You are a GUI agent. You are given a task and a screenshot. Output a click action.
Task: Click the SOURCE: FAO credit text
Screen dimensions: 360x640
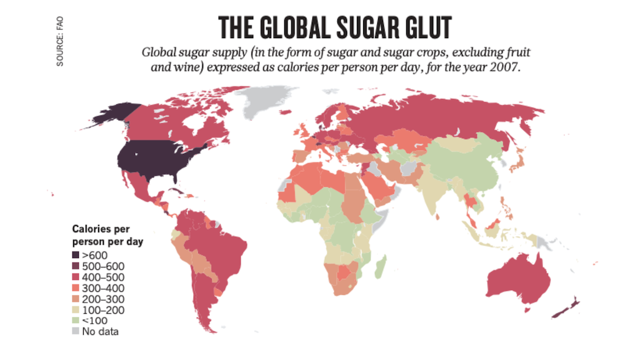click(60, 41)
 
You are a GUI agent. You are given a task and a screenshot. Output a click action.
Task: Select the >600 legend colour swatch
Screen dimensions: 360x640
click(76, 255)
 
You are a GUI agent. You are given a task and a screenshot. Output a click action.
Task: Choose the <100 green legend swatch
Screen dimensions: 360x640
click(76, 321)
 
